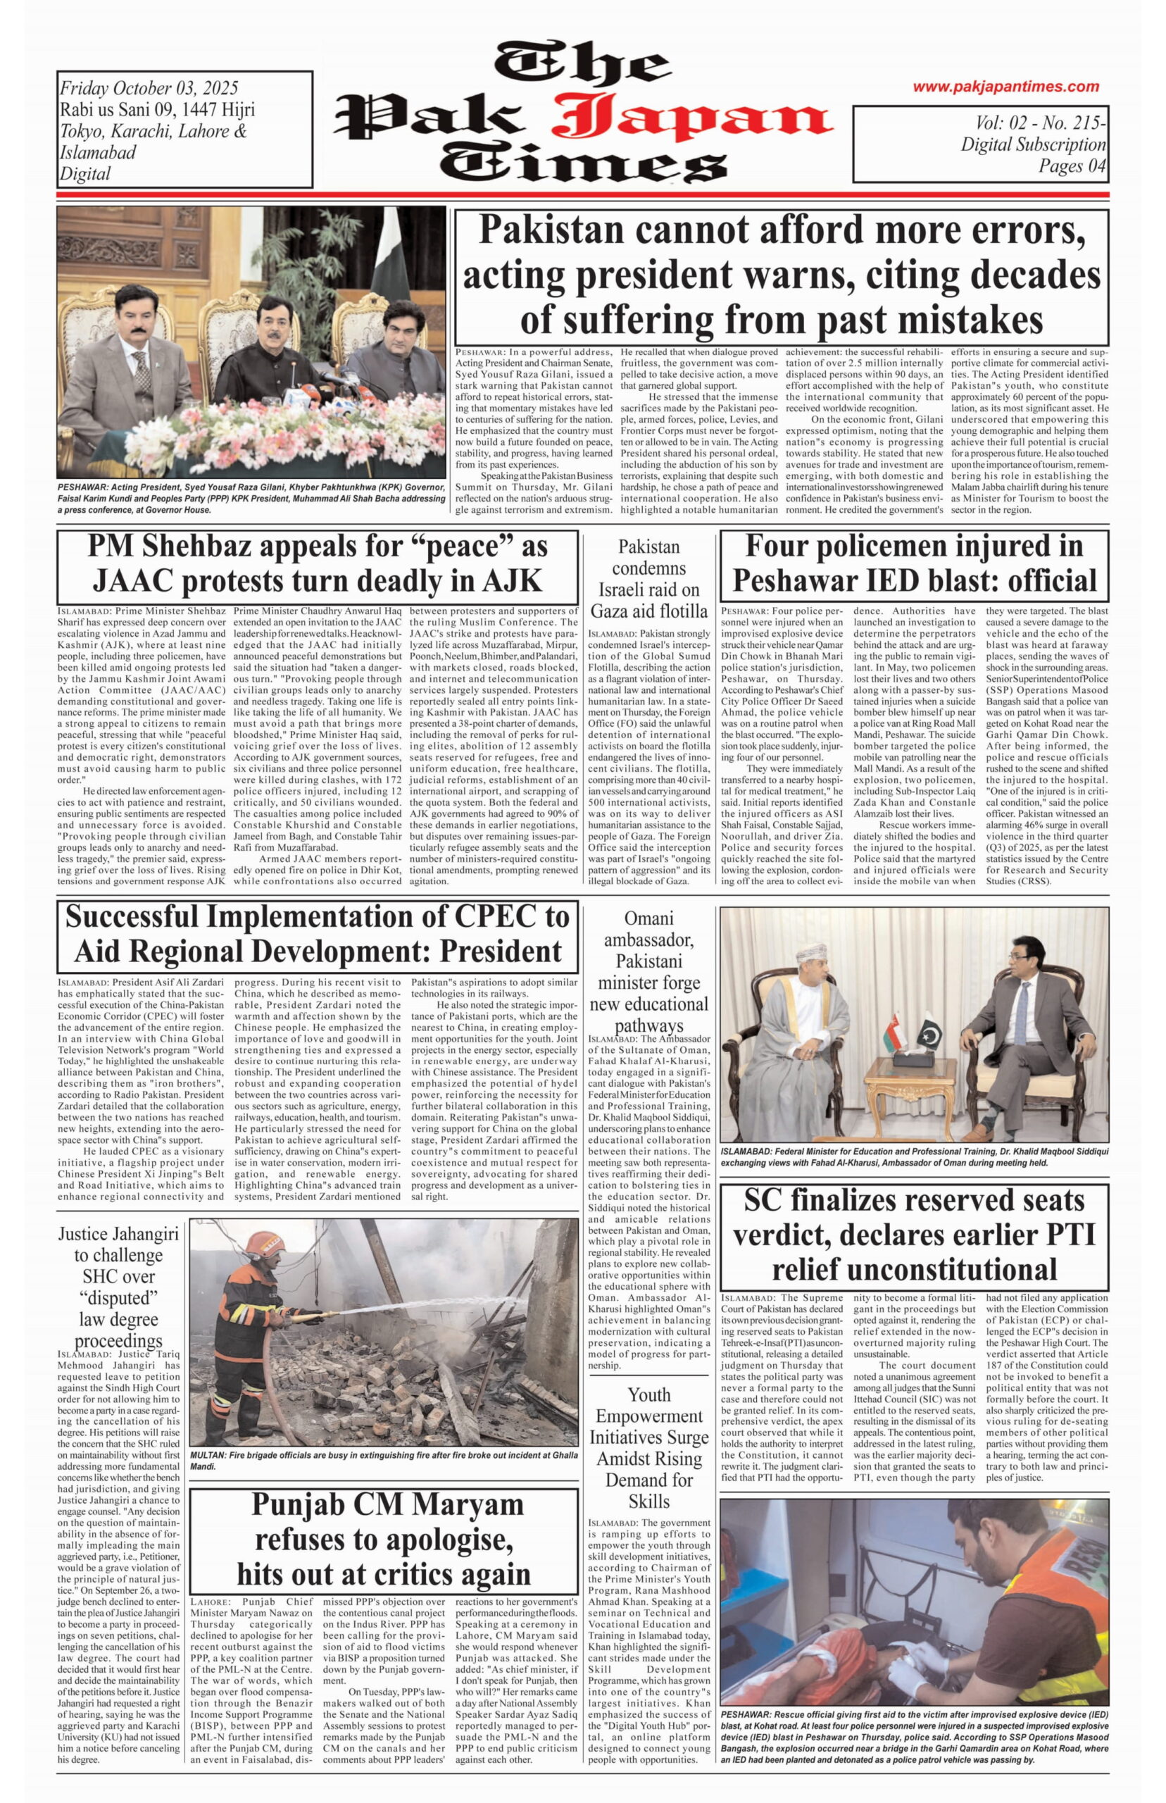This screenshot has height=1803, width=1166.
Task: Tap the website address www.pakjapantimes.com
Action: coord(1005,87)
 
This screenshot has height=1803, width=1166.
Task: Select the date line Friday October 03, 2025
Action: coord(149,89)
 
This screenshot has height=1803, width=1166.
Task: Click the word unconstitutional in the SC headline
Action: coord(914,1268)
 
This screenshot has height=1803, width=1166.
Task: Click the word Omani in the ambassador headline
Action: coord(649,918)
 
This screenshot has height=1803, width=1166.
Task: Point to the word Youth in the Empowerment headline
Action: coord(649,1395)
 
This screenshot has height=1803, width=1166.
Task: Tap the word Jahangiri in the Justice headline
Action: coord(140,1235)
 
